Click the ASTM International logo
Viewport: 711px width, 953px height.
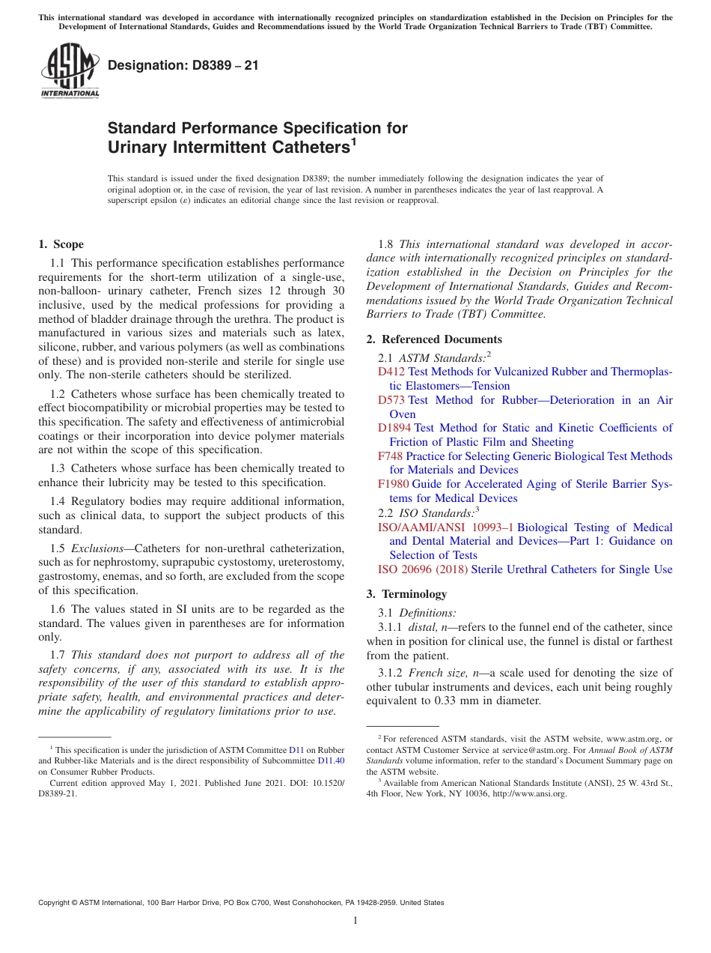click(70, 70)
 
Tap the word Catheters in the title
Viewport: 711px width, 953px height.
click(299, 148)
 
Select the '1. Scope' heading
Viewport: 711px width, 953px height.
click(61, 244)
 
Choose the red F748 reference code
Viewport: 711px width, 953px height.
click(391, 456)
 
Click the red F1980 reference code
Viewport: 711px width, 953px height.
click(394, 484)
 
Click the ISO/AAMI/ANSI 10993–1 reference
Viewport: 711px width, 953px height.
click(445, 527)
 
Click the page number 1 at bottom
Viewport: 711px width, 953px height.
click(355, 920)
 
